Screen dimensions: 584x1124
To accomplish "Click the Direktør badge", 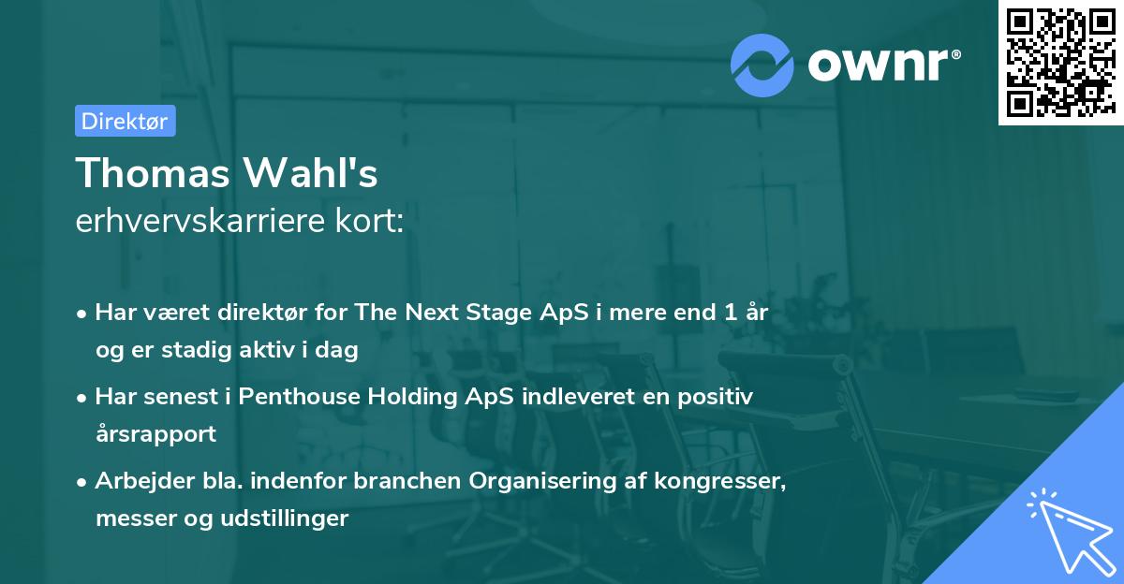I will (x=125, y=121).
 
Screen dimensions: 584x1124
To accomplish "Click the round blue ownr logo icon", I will (x=762, y=64).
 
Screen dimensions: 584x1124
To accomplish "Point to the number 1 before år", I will (x=730, y=313).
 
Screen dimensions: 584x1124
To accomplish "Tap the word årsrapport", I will (x=156, y=433).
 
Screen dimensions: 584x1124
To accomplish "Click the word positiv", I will (x=719, y=397).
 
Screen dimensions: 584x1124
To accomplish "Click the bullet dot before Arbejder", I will (x=83, y=482).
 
